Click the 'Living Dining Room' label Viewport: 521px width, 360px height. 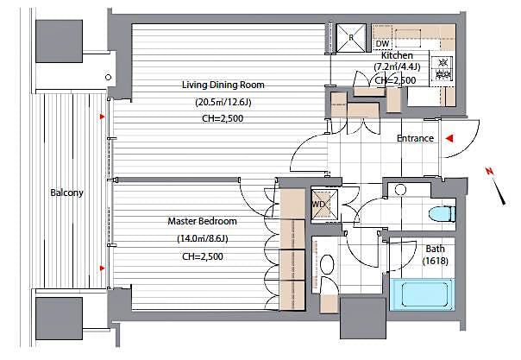pyautogui.click(x=223, y=85)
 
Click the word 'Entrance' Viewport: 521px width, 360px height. pyautogui.click(x=414, y=138)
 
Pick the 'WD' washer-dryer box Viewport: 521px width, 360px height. pyautogui.click(x=317, y=205)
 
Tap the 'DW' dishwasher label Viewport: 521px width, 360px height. pyautogui.click(x=382, y=43)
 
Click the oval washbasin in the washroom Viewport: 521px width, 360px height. pyautogui.click(x=328, y=265)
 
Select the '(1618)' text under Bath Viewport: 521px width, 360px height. pyautogui.click(x=435, y=262)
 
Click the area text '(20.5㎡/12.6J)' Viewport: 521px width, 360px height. pyautogui.click(x=223, y=102)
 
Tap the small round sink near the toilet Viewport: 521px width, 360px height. pyautogui.click(x=400, y=189)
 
